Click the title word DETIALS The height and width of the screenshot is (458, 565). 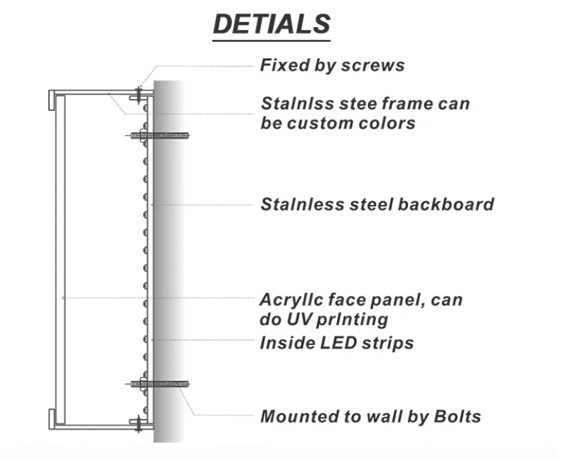pyautogui.click(x=271, y=24)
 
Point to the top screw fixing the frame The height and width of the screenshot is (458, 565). pyautogui.click(x=138, y=92)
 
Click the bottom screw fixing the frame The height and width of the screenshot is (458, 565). pyautogui.click(x=138, y=425)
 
